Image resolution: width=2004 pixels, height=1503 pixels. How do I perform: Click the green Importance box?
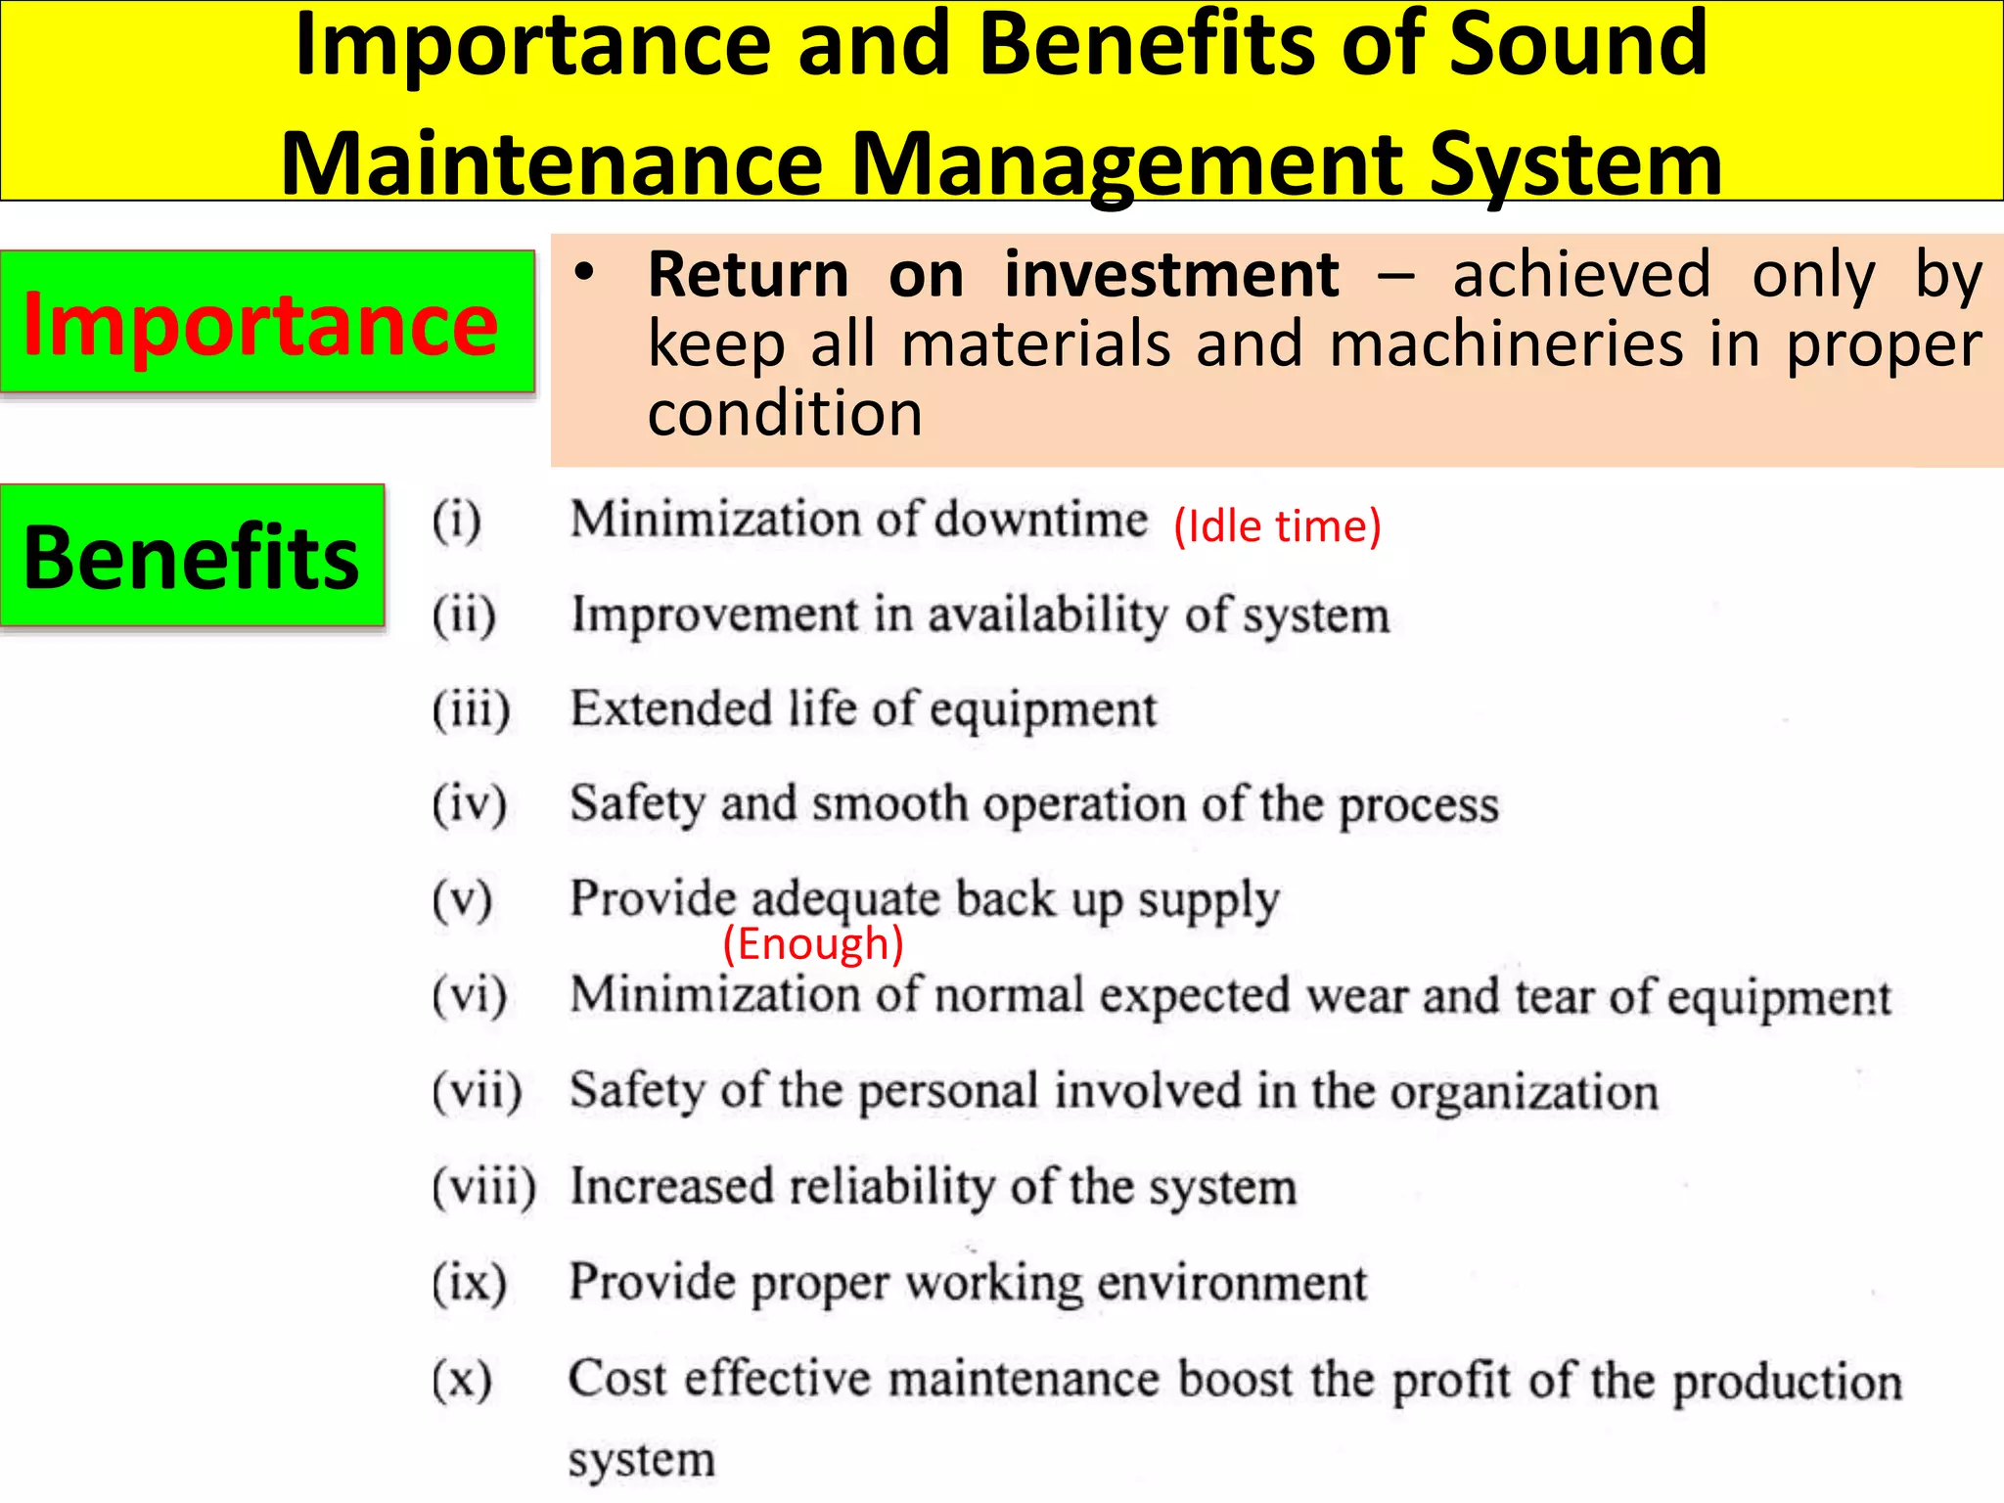(x=267, y=322)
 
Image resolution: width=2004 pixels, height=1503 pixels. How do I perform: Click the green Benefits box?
(x=192, y=556)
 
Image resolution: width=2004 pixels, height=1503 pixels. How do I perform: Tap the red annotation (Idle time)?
(x=1277, y=526)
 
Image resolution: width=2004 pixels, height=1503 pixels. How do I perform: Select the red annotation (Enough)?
(x=812, y=944)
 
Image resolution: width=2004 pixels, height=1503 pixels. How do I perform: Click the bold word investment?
(x=1171, y=275)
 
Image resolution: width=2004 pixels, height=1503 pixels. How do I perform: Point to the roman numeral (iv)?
(x=470, y=803)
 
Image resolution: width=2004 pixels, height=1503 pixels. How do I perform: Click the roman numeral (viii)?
(x=484, y=1186)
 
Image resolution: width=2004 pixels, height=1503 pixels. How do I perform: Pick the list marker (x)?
(x=462, y=1379)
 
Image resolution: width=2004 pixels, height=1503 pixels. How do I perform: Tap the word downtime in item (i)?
(x=1040, y=519)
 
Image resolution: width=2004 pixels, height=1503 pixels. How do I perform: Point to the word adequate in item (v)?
(x=846, y=899)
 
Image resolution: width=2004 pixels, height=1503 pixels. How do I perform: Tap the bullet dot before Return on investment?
(x=584, y=273)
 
